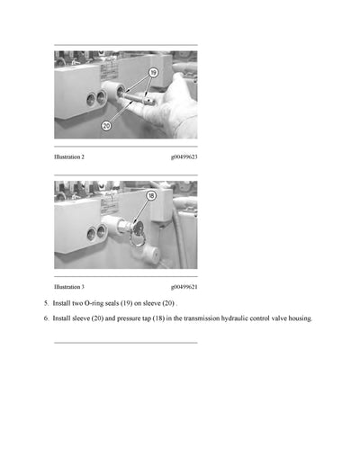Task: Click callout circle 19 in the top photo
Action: pos(153,72)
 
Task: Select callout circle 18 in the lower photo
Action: pos(151,195)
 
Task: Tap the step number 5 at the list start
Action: pos(46,304)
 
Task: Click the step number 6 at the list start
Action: pos(46,318)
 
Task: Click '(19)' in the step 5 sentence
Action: pos(140,304)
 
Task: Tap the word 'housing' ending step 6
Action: pos(298,318)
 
